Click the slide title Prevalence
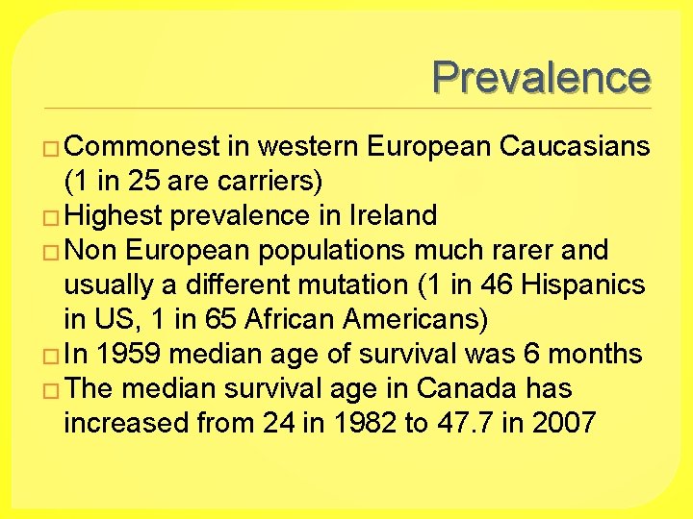click(x=541, y=77)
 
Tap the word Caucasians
click(x=575, y=146)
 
